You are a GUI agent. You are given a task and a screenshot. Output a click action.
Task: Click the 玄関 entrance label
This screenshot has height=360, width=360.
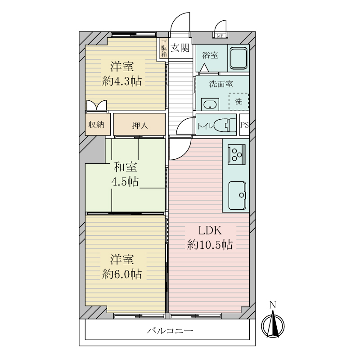point(180,48)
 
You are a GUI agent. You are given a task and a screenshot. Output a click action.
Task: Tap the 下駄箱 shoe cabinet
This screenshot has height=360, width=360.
point(164,48)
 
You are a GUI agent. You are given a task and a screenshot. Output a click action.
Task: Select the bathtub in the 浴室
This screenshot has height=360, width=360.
point(238,58)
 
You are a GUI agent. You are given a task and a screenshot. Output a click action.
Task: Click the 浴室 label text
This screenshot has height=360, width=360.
point(210,55)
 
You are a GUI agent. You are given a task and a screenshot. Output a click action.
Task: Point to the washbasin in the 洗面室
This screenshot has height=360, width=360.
point(210,104)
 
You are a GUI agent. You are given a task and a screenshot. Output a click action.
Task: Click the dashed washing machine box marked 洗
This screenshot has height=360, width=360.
point(238,101)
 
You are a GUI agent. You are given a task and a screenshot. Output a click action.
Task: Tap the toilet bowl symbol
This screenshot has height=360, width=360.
point(225,126)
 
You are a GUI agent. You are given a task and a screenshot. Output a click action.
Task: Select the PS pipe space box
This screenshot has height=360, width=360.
point(244,125)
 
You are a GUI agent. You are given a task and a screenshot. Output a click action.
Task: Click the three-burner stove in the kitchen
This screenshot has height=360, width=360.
point(237,154)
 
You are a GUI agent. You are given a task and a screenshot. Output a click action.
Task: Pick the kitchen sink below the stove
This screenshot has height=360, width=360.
point(238,195)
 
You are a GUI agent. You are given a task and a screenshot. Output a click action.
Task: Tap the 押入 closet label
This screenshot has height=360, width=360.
point(140,126)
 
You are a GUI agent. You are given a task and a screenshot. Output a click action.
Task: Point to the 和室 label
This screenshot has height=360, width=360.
point(125,167)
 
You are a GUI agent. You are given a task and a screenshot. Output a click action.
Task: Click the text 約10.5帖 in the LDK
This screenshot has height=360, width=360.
point(210,245)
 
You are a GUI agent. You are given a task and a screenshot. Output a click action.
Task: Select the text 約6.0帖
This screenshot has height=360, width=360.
point(121,274)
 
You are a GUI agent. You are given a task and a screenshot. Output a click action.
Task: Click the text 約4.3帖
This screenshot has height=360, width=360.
point(121,81)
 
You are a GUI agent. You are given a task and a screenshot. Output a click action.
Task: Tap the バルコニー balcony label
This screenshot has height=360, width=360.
point(170,331)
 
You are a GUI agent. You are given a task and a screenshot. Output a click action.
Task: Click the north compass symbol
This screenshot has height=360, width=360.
point(273,325)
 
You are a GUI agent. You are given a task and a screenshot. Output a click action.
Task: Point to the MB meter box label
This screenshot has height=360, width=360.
point(220,36)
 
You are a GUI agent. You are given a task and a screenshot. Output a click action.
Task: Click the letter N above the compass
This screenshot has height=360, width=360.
point(273,305)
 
